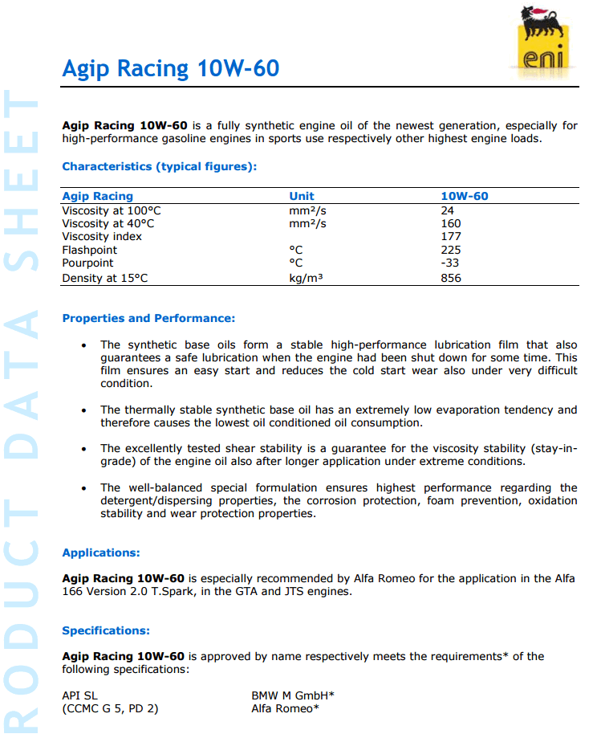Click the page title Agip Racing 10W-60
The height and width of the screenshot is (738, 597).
[171, 68]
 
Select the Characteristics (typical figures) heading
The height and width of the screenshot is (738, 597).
[160, 167]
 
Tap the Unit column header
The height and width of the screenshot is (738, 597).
[302, 196]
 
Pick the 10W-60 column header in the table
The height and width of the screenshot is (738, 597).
[465, 196]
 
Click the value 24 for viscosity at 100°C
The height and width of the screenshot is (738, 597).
[448, 210]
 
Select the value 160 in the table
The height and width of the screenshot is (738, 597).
[451, 223]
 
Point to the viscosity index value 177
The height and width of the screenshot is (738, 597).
[451, 236]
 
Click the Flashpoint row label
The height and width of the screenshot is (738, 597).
[89, 250]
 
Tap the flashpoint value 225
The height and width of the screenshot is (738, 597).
[451, 250]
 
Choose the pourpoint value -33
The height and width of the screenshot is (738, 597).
[450, 263]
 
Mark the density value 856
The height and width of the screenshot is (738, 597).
[451, 278]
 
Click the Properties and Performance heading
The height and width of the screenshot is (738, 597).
[148, 319]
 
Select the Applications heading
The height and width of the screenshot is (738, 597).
[101, 552]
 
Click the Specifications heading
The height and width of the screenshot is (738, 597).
[106, 630]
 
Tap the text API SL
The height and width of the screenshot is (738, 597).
[79, 695]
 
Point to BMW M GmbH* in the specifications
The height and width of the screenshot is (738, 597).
[293, 695]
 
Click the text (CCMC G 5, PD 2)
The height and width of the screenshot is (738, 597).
[110, 708]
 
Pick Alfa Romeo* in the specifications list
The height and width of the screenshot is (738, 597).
[285, 708]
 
